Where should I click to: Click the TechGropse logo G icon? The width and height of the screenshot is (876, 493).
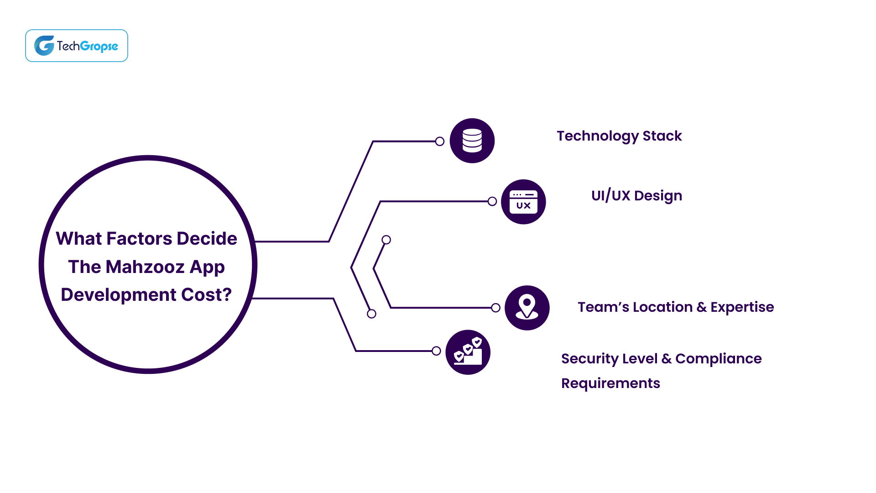[x=44, y=46]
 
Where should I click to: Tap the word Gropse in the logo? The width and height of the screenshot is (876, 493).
[x=99, y=46]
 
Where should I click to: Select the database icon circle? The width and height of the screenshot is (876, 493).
[x=472, y=141]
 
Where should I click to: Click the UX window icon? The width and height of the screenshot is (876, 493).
[x=523, y=202]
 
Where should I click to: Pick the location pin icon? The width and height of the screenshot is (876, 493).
[x=527, y=308]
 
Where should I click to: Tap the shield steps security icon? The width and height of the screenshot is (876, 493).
[x=468, y=352]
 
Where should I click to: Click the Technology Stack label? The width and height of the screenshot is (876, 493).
[x=619, y=136]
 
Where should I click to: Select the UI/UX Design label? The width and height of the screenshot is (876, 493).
[x=636, y=196]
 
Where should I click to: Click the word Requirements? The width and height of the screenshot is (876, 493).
[x=610, y=383]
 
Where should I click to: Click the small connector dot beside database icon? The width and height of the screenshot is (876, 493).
[x=440, y=142]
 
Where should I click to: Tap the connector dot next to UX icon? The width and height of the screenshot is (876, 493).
[x=492, y=201]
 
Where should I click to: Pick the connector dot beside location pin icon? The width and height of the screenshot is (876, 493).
[x=496, y=308]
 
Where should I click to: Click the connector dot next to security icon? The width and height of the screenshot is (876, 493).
[x=436, y=351]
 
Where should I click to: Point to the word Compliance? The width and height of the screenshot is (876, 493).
[x=718, y=359]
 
